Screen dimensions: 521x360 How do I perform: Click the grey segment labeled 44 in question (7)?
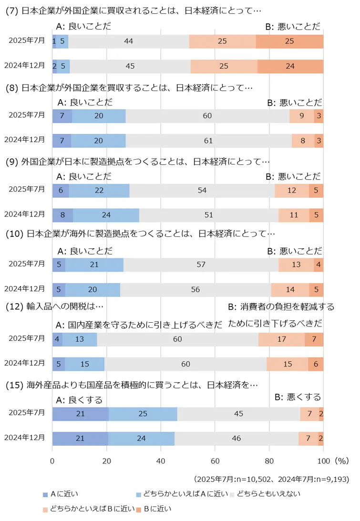coord(128,41)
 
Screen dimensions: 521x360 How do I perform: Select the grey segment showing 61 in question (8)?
coord(208,141)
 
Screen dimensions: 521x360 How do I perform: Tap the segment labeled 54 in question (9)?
coord(202,190)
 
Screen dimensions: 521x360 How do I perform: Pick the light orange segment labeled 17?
coord(281,339)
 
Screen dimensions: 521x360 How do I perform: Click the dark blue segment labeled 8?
coord(62,215)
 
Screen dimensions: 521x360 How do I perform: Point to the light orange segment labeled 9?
coord(301,116)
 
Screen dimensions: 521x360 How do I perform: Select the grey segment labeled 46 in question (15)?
coord(236,438)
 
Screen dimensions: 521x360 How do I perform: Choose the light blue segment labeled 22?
coord(99,190)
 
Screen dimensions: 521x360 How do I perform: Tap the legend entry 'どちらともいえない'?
coord(268,494)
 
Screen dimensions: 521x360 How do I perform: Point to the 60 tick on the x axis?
coord(215,461)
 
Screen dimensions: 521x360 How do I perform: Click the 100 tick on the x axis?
coord(323,461)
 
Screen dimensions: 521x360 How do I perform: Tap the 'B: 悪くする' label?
coord(298,397)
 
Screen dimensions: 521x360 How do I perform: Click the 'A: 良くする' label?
coord(79,399)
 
